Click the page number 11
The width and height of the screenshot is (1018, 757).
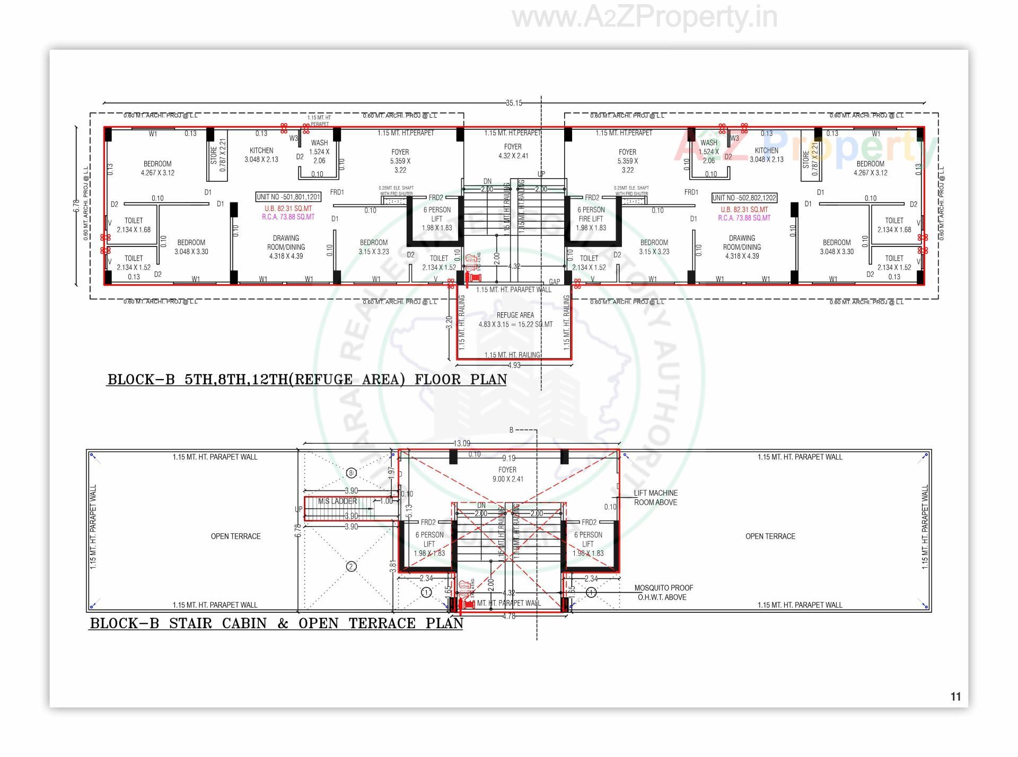click(955, 697)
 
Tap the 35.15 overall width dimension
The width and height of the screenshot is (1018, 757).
click(513, 103)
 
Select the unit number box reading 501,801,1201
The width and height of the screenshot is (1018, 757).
click(288, 197)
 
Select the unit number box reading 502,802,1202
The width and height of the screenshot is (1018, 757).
click(744, 198)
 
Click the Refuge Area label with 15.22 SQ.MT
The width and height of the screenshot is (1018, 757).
click(515, 320)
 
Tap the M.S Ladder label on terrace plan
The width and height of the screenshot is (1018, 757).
click(337, 501)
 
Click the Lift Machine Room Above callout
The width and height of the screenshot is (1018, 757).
click(655, 497)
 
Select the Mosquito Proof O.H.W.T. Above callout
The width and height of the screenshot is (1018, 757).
click(663, 592)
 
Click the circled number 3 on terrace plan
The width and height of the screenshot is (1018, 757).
click(351, 473)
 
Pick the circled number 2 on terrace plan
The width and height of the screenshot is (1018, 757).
click(351, 567)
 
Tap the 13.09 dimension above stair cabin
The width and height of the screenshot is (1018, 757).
click(461, 443)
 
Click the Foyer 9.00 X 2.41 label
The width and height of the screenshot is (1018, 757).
click(507, 474)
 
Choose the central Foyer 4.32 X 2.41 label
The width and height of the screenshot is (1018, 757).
click(513, 151)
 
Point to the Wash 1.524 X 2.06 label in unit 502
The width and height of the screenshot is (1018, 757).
click(708, 151)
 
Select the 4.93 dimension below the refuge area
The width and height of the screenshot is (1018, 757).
click(514, 365)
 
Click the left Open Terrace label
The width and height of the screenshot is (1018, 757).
click(235, 536)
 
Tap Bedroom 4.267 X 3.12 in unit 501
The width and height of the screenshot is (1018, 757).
click(157, 168)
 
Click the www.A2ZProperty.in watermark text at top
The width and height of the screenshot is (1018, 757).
click(644, 17)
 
